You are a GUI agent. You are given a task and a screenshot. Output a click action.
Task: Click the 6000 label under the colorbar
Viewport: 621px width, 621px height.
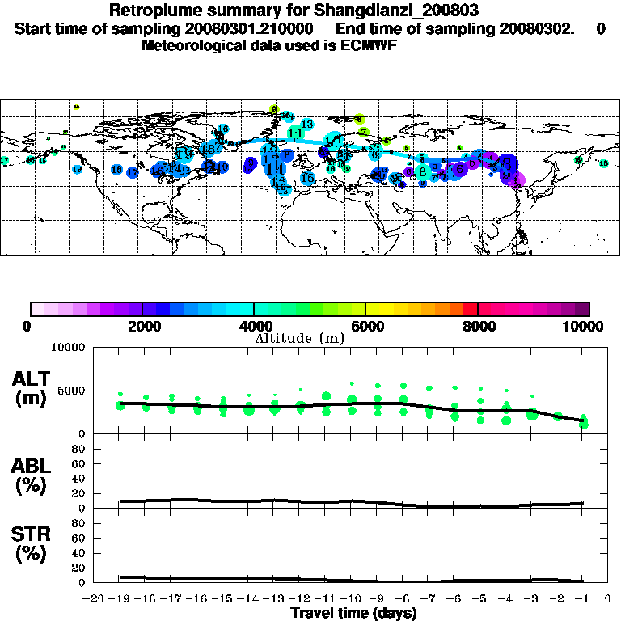coord(365,326)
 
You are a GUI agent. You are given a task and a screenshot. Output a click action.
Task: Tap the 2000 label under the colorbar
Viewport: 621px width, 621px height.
coord(142,326)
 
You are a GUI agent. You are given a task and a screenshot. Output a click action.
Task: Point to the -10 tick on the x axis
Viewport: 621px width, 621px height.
coord(350,598)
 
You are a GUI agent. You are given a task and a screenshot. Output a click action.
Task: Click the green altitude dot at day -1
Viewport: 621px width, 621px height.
coord(583,423)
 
